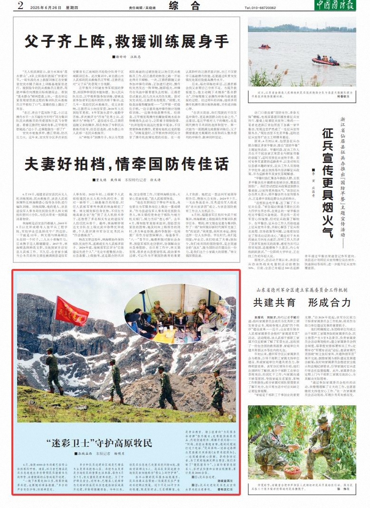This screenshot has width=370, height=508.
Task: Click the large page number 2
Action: (20, 6)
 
